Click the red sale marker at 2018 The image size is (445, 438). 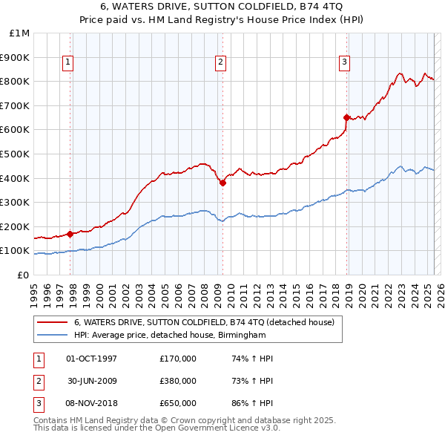pos(346,117)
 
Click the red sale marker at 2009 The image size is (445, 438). pos(222,183)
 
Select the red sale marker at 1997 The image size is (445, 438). pos(70,234)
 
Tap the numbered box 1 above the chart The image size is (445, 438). pos(67,62)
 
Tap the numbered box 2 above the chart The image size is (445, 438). pos(221,62)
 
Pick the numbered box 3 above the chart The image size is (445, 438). pos(345,62)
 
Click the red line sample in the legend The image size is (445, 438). pos(52,322)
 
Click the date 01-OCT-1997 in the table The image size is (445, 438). pos(91,359)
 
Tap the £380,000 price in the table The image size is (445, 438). pos(177,381)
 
